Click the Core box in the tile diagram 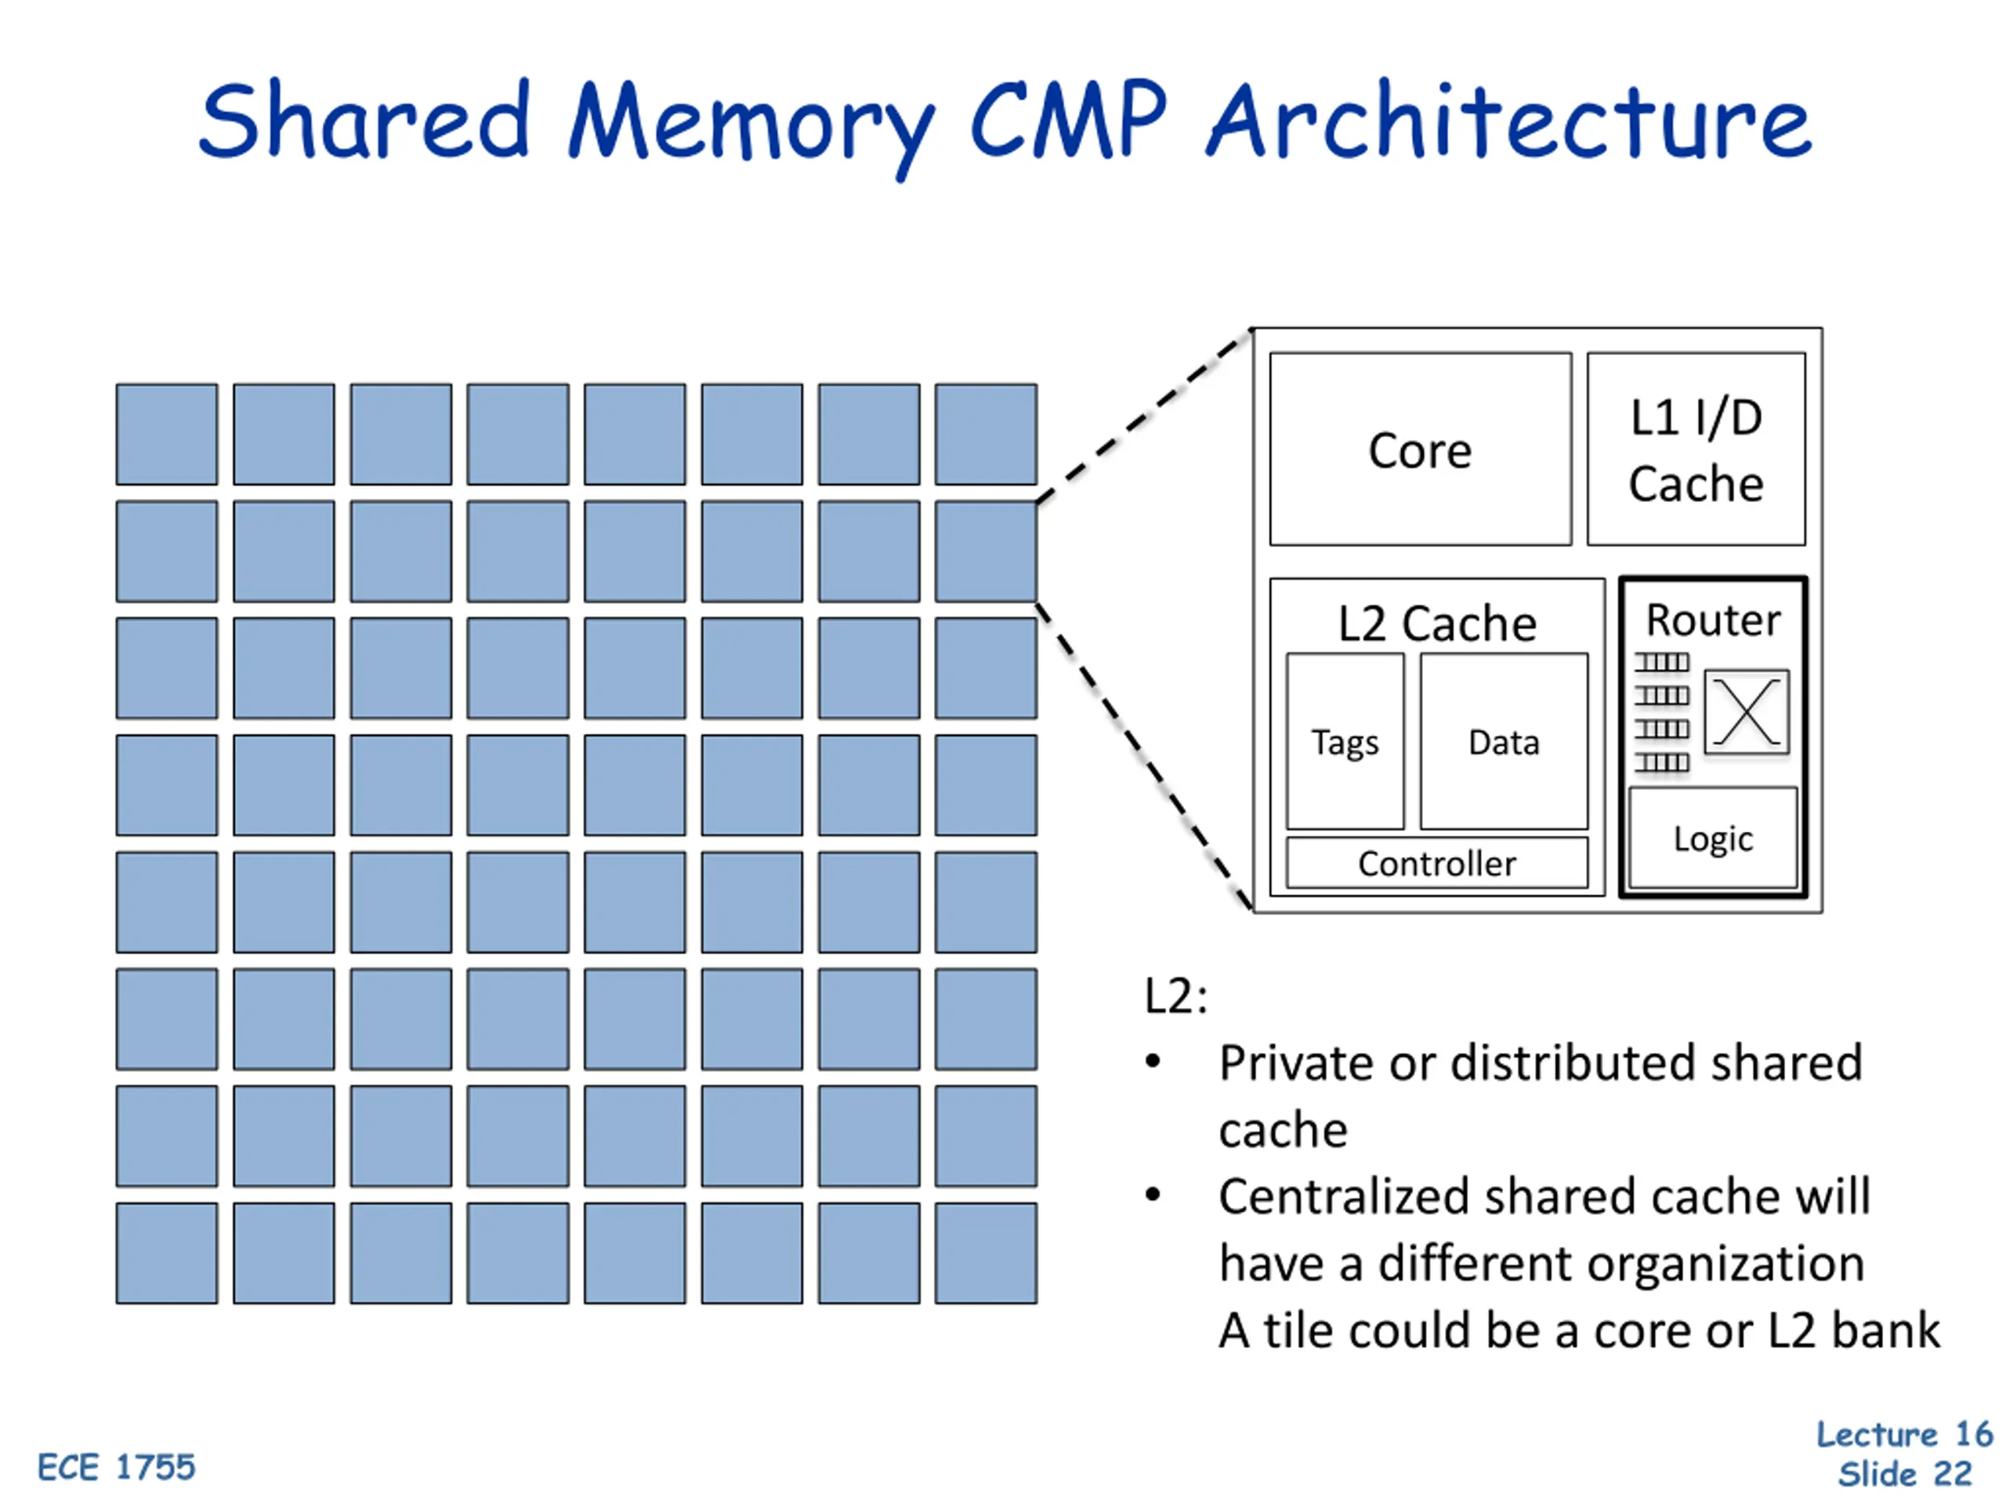[x=1419, y=450]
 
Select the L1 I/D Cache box [x=1695, y=450]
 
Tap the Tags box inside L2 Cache [x=1344, y=742]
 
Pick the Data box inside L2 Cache [x=1503, y=742]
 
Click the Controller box [x=1436, y=863]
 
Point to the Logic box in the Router [x=1712, y=839]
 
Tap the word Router [x=1712, y=621]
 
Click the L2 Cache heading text [x=1436, y=624]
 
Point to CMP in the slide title [x=1067, y=121]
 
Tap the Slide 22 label [x=1904, y=1474]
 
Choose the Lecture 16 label [x=1903, y=1434]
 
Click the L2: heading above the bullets [x=1175, y=996]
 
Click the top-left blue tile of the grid [x=167, y=434]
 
